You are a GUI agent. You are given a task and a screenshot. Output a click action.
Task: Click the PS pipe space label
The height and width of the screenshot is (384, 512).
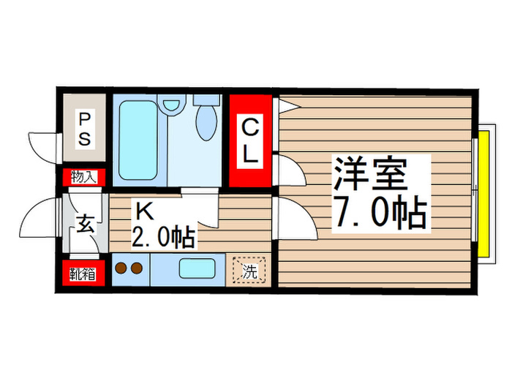click(84, 129)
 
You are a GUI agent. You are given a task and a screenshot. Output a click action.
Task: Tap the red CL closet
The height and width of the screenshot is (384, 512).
click(250, 141)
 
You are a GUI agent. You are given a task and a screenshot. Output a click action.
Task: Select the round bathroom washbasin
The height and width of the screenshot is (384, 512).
click(172, 105)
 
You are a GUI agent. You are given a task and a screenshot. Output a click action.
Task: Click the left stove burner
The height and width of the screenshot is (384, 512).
click(121, 268)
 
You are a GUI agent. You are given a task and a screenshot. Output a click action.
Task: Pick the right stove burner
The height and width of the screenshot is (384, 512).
click(137, 268)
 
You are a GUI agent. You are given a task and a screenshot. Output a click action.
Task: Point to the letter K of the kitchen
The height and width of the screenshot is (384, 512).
click(143, 212)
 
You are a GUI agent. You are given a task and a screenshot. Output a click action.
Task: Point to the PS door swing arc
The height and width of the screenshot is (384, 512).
click(42, 144)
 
